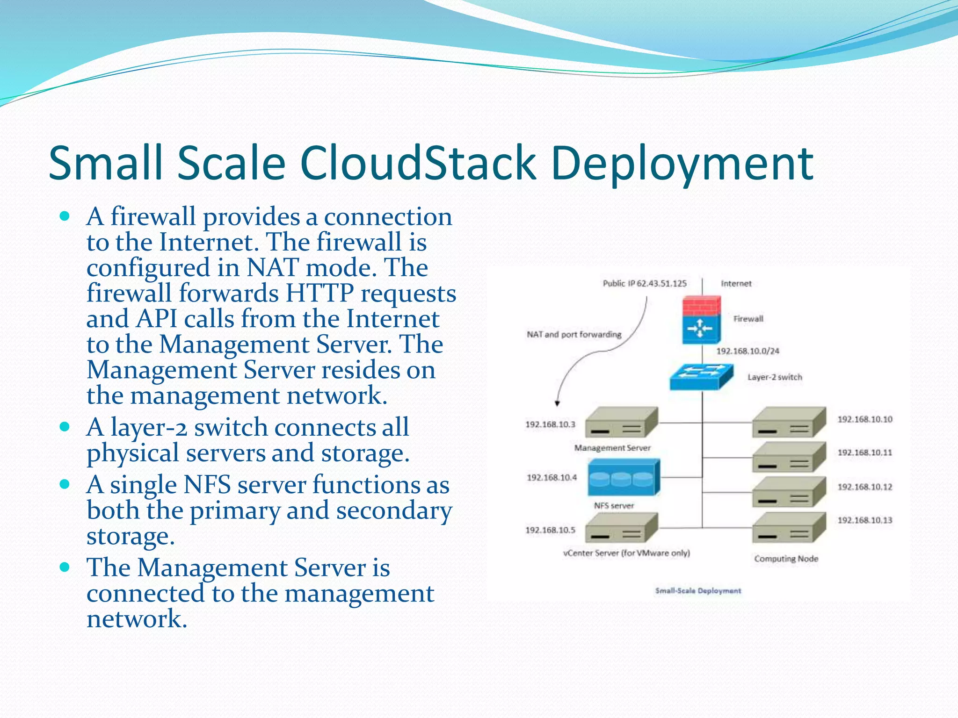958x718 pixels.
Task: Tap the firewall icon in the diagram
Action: pos(701,320)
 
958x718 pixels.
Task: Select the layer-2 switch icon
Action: pos(701,377)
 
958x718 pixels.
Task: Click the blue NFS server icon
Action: pos(624,477)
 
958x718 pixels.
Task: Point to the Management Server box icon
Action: pos(621,423)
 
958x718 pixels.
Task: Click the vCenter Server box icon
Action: pos(621,528)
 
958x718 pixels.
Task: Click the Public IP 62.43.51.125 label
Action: pos(645,283)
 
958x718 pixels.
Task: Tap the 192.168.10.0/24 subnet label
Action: pos(748,351)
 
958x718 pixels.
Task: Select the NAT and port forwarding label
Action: pos(574,334)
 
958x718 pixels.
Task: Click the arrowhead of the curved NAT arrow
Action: pos(557,403)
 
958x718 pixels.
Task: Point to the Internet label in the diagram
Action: pos(736,283)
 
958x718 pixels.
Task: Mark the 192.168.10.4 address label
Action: pos(552,477)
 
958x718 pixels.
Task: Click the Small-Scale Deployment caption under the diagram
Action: pos(698,591)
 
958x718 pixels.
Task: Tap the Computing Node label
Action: pos(786,559)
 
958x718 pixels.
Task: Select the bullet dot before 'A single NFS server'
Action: pos(65,484)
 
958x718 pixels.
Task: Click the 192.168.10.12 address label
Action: pos(864,487)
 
